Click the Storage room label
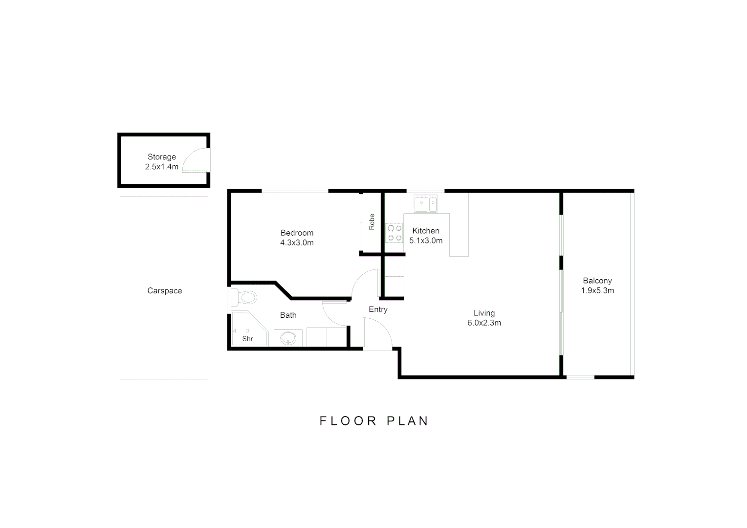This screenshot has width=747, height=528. [161, 157]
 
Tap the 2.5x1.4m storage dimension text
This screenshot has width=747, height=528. [161, 167]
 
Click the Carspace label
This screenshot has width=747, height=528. [164, 291]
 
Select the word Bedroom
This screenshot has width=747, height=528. [297, 233]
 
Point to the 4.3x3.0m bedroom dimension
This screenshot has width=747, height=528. [297, 242]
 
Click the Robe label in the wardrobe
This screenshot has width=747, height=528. [372, 221]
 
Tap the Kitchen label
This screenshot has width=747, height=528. [425, 231]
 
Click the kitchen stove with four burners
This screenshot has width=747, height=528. [395, 233]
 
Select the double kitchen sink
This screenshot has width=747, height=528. [426, 203]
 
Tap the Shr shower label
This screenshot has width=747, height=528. [247, 339]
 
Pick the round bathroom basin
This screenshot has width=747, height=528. [288, 338]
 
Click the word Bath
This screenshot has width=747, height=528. [288, 315]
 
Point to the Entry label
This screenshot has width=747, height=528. [378, 309]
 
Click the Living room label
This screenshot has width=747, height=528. [484, 313]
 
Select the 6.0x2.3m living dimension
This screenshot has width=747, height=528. [484, 323]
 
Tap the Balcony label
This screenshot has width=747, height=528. [597, 281]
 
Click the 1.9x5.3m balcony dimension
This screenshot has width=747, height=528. [597, 290]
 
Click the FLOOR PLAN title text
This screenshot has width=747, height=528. [374, 421]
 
